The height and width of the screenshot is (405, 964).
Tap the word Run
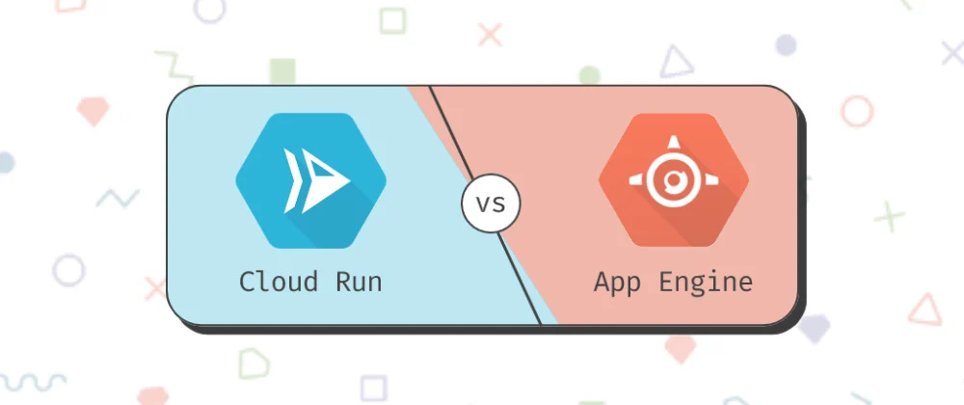(360, 282)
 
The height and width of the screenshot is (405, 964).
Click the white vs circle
(491, 204)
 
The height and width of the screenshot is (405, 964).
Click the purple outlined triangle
(677, 63)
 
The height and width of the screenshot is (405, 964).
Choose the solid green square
(282, 71)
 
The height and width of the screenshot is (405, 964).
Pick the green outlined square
(392, 21)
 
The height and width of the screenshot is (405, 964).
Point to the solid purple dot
(787, 44)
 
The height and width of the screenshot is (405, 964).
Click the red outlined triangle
(924, 310)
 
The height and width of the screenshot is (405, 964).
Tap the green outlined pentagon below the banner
(254, 364)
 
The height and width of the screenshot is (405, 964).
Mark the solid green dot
(590, 75)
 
